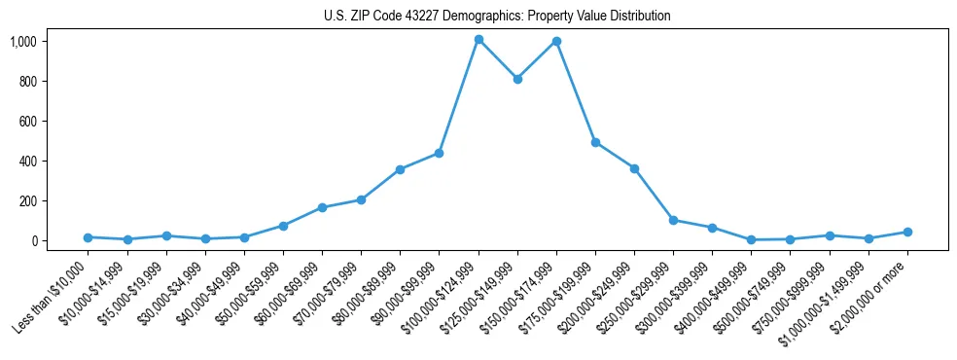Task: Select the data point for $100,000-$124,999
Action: (478, 40)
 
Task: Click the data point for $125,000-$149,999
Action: (517, 79)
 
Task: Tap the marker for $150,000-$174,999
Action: (556, 41)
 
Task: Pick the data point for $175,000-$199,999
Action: (595, 142)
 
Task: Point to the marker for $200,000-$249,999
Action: (634, 168)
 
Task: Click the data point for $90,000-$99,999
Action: (439, 153)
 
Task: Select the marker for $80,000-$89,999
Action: (400, 169)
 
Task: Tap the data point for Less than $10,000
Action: (89, 237)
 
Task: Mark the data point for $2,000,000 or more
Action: (907, 232)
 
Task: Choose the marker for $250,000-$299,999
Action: (673, 220)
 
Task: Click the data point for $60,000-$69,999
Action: (322, 207)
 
